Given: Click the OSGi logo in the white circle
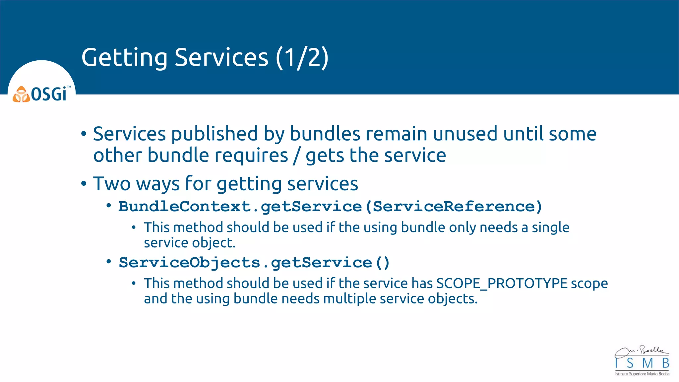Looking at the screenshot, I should point(41,94).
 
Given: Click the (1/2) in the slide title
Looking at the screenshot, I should point(302,58).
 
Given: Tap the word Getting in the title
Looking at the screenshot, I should point(124,58).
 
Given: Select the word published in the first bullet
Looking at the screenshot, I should point(215,134).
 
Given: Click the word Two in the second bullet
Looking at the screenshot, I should point(112,184).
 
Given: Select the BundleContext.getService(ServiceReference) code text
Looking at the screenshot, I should point(330,207).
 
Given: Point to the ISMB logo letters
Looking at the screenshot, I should point(642,363).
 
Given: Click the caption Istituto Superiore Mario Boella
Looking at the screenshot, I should point(642,374).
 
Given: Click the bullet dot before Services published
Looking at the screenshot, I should point(84,134).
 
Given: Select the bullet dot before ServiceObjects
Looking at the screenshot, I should point(109,262).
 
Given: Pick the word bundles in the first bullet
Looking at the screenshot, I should point(325,134).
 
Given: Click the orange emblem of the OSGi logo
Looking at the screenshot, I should point(21,95).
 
